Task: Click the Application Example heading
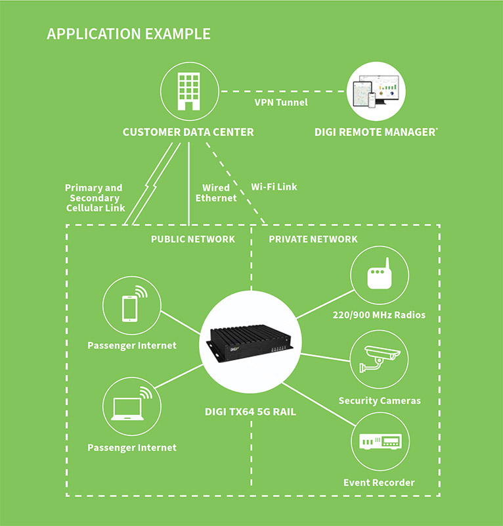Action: (x=129, y=34)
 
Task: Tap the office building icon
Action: (x=189, y=91)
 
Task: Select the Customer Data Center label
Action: (x=188, y=132)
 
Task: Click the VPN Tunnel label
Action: (x=281, y=103)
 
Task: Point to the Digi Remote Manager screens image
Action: (x=376, y=91)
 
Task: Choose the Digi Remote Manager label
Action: (x=376, y=132)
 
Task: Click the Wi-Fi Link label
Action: (x=274, y=187)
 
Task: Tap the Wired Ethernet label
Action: (x=216, y=193)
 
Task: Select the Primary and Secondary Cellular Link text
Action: (x=95, y=198)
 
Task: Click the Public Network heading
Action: (x=192, y=239)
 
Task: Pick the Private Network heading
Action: (x=313, y=239)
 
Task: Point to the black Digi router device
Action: (x=250, y=343)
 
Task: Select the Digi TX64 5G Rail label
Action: (x=250, y=412)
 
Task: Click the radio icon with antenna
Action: (x=380, y=274)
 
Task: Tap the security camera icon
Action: (x=380, y=359)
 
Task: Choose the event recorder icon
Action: (x=380, y=441)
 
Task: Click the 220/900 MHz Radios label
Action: (x=379, y=315)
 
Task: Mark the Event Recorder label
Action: (x=379, y=483)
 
